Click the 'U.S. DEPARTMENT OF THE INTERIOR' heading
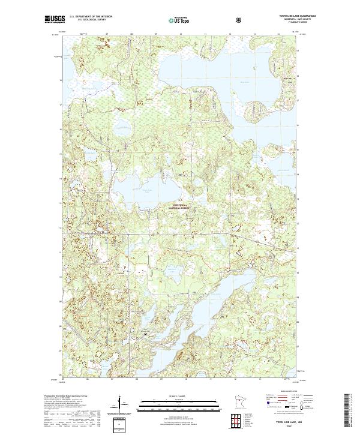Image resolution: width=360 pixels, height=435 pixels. [x=90, y=17]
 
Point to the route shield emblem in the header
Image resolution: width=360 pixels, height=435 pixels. [x=239, y=20]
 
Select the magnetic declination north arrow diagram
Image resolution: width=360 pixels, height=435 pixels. [x=121, y=403]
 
